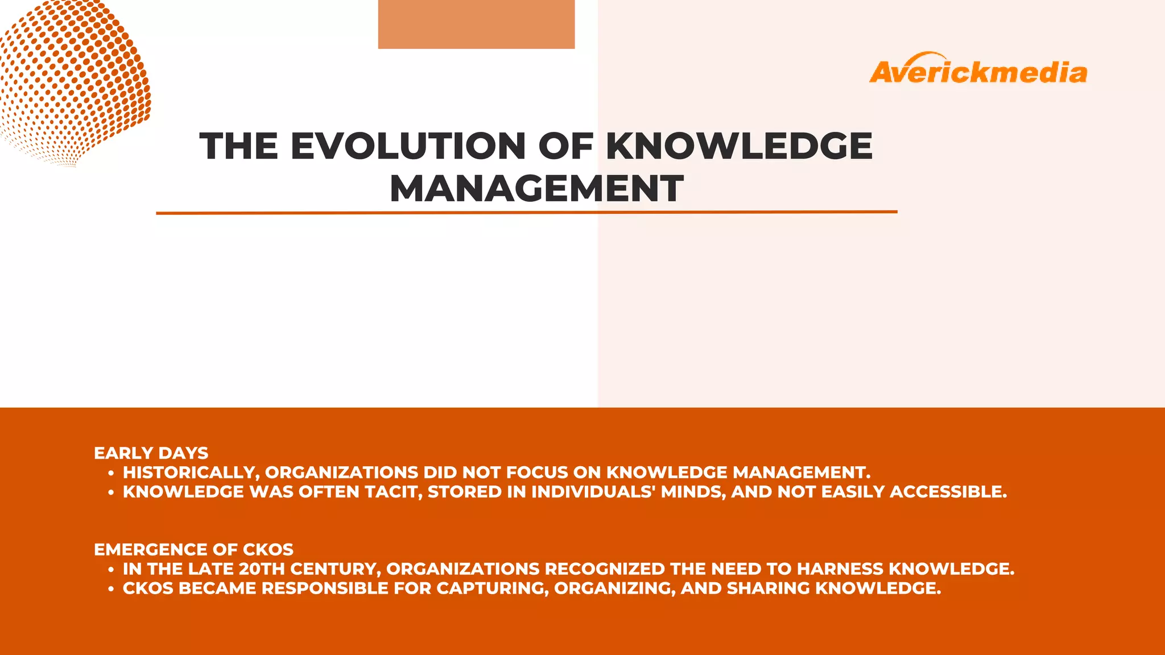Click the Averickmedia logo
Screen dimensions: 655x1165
click(x=978, y=71)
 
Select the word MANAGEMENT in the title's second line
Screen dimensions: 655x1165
click(x=536, y=189)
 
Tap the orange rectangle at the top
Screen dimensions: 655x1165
click(x=476, y=24)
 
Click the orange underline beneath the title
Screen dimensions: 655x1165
click(x=526, y=213)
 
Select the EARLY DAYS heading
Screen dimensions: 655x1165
click(x=151, y=453)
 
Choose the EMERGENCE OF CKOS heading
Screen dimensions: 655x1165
click(x=193, y=550)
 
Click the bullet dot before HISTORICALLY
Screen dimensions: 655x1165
click(x=111, y=473)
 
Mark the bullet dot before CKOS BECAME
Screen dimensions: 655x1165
click(x=111, y=589)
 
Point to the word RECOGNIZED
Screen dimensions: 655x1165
click(x=605, y=569)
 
